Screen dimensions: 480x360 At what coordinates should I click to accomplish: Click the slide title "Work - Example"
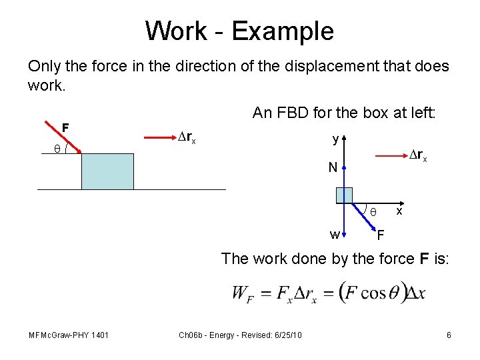(239, 31)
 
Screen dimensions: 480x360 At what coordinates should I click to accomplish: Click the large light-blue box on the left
(107, 171)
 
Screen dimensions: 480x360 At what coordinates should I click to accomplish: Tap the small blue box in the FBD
(344, 195)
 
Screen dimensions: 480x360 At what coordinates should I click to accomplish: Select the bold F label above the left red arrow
(65, 127)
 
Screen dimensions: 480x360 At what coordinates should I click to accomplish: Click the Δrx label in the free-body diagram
(417, 155)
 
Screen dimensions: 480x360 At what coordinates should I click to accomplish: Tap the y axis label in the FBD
(336, 139)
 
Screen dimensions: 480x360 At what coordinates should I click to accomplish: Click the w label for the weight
(335, 233)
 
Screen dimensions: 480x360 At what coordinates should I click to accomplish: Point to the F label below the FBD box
(380, 235)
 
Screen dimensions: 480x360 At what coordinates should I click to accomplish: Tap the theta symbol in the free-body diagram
(373, 211)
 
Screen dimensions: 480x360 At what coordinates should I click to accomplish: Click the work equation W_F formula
(328, 292)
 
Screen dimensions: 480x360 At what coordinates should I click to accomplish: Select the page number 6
(449, 335)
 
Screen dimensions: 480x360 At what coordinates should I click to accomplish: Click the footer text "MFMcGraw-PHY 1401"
(69, 335)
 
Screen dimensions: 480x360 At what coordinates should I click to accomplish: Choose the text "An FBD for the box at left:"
(344, 113)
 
